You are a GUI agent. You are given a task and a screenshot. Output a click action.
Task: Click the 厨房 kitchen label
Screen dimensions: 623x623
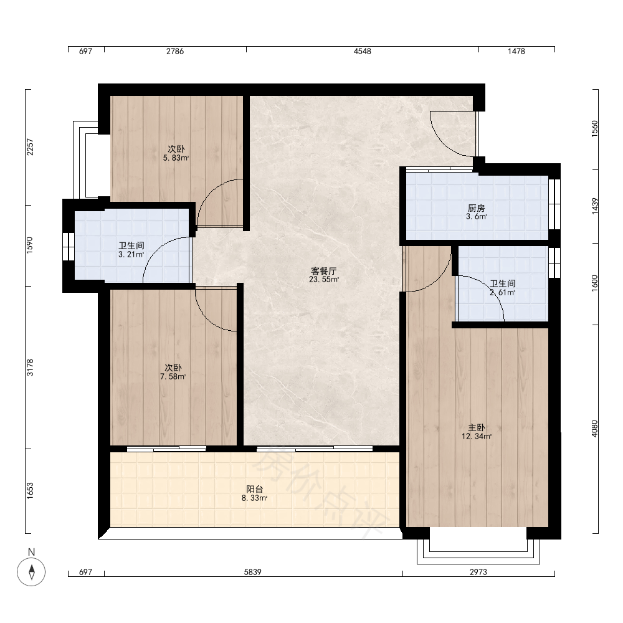[476, 208]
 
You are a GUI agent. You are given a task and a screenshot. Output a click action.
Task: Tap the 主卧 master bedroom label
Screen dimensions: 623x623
[476, 427]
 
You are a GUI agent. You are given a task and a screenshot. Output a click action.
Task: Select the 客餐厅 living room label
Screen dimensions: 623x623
[323, 271]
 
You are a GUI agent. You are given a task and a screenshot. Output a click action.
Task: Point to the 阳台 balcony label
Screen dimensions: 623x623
[254, 489]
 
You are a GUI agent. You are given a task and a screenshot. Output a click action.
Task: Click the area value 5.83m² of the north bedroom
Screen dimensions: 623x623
[176, 158]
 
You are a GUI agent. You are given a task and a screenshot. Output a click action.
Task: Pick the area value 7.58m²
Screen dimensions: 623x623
[173, 376]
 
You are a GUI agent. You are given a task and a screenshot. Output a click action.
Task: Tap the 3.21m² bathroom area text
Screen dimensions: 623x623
[131, 254]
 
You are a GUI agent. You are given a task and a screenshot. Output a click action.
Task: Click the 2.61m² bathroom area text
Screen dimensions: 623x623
[503, 292]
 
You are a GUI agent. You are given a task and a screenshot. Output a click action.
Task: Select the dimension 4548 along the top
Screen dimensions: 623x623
[363, 51]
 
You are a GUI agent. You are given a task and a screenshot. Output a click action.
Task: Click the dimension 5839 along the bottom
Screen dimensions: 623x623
[253, 572]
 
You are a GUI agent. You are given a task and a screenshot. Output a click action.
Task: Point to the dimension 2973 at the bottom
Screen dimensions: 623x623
[478, 572]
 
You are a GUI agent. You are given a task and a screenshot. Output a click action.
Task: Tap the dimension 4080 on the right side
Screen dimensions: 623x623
[594, 429]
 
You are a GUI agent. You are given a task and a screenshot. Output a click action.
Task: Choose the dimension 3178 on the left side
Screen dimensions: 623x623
[30, 368]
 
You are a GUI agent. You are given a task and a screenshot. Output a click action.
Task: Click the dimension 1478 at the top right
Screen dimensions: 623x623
[516, 51]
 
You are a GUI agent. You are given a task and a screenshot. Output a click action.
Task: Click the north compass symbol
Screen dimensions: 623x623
[31, 572]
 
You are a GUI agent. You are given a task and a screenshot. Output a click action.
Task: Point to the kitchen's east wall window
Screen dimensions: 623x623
[554, 204]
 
